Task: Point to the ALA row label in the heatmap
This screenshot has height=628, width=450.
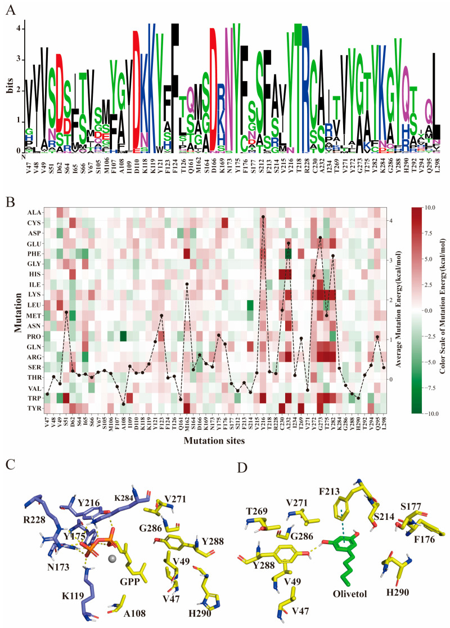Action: click(29, 212)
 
